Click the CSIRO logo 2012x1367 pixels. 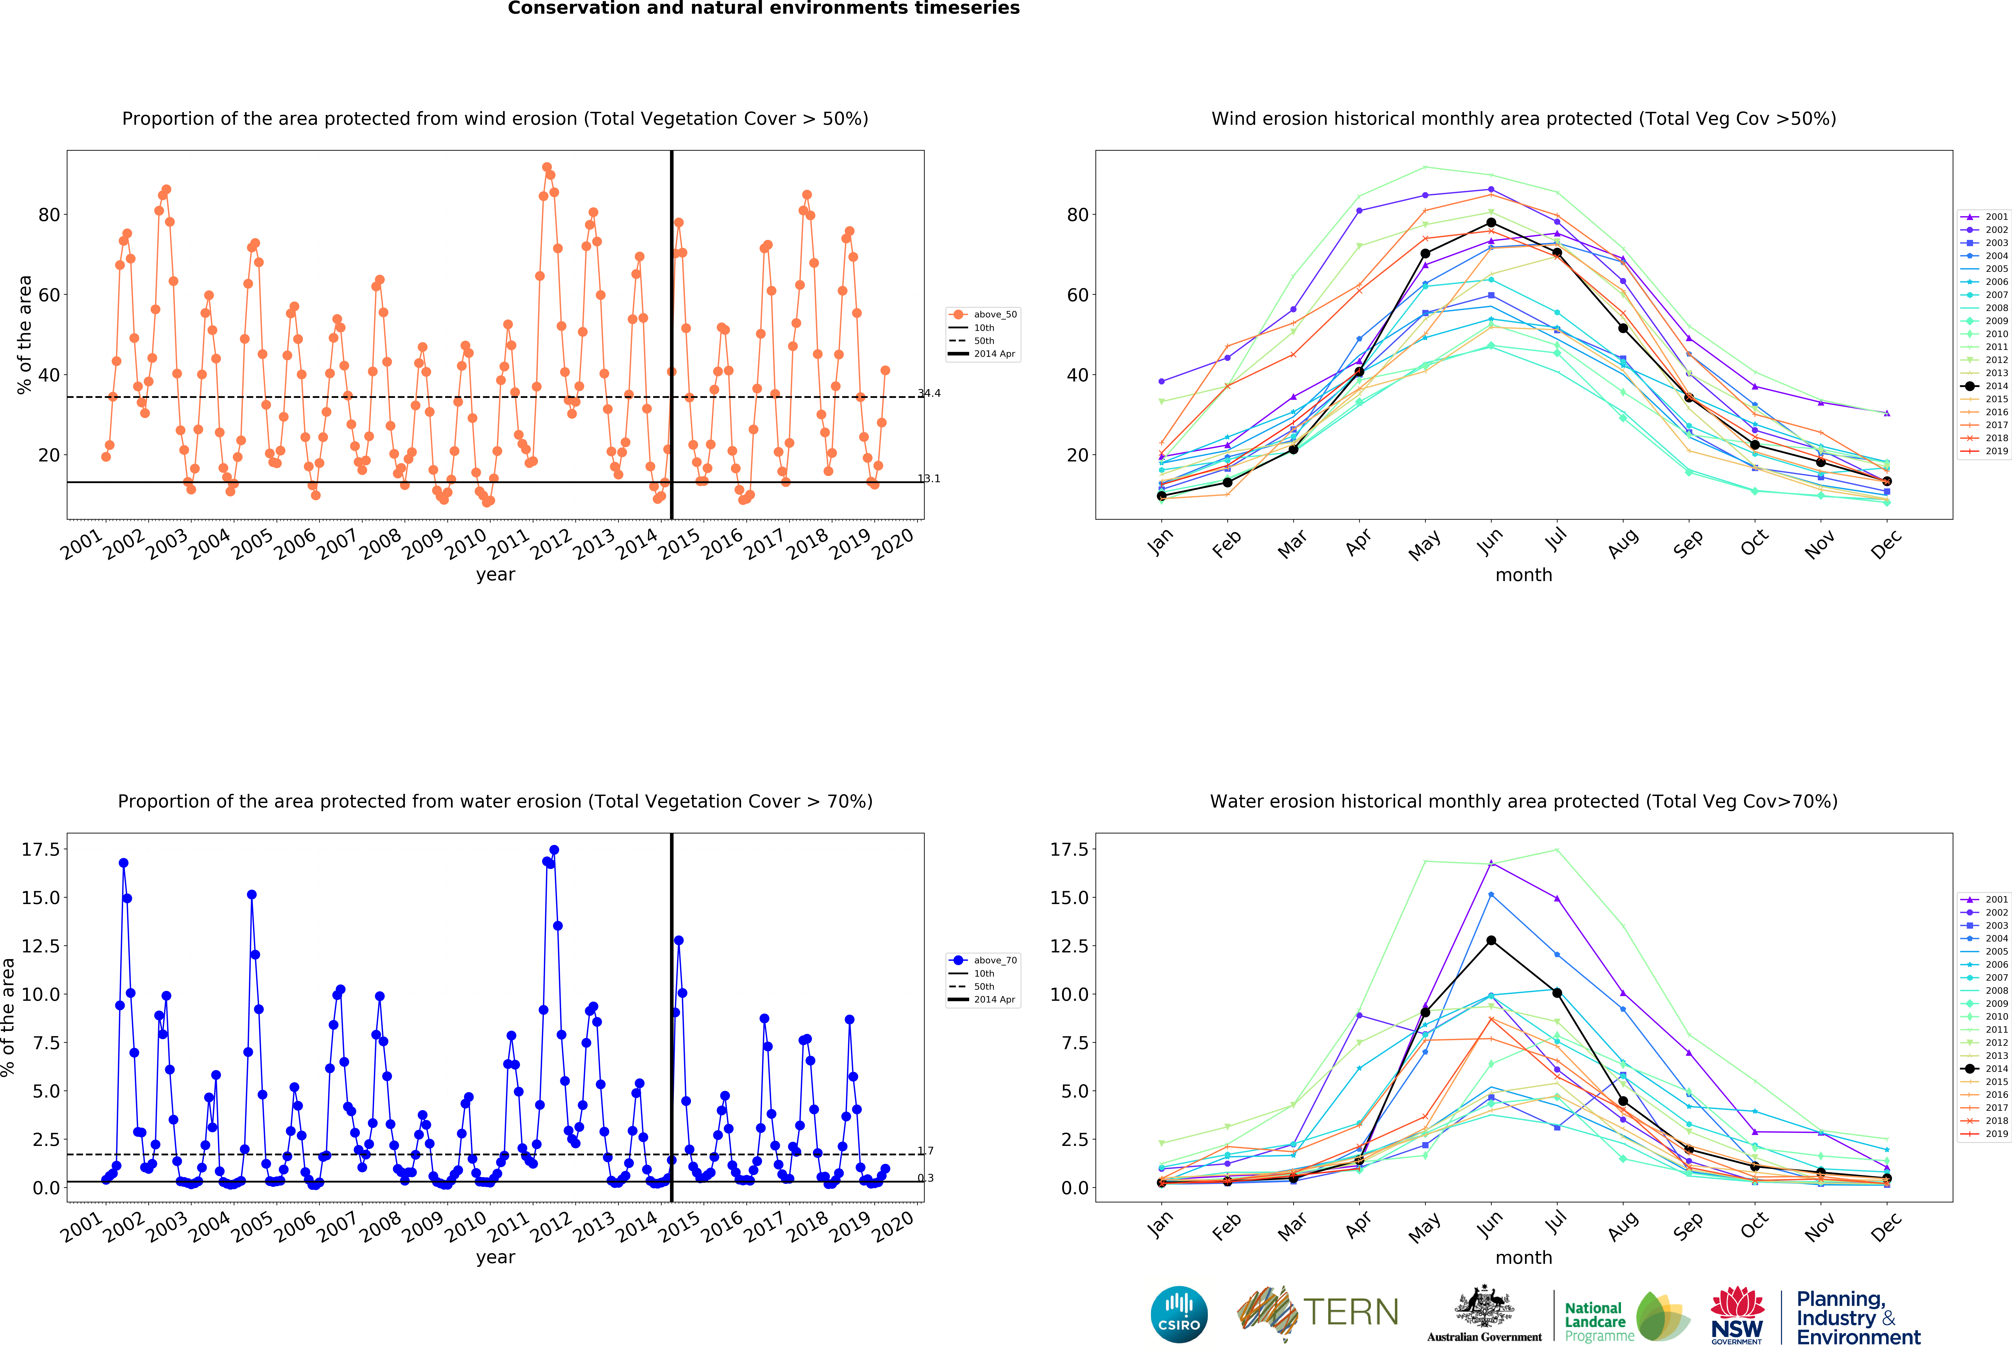point(1179,1314)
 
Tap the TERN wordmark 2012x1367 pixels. point(1351,1312)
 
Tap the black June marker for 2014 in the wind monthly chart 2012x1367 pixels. point(1491,223)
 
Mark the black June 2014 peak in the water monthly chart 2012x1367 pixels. point(1491,940)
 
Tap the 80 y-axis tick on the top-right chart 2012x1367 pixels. point(1078,215)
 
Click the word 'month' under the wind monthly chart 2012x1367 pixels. point(1524,575)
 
